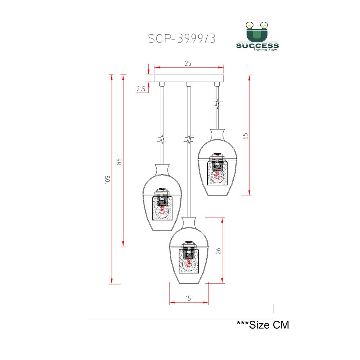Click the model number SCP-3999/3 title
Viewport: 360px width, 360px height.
(x=182, y=39)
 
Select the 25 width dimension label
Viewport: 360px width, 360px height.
(x=188, y=63)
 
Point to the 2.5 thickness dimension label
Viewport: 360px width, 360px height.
(x=141, y=89)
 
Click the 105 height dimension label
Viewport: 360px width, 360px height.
(x=107, y=179)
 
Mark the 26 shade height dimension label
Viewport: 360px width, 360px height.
(x=218, y=251)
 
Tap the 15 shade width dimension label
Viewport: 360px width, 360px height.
(x=188, y=298)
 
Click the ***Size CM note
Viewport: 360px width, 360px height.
(x=263, y=325)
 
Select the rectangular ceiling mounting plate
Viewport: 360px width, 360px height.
(x=189, y=78)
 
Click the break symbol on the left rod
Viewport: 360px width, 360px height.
(x=163, y=139)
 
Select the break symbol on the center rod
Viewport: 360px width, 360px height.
(x=188, y=139)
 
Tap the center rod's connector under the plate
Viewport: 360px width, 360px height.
(x=188, y=84)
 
